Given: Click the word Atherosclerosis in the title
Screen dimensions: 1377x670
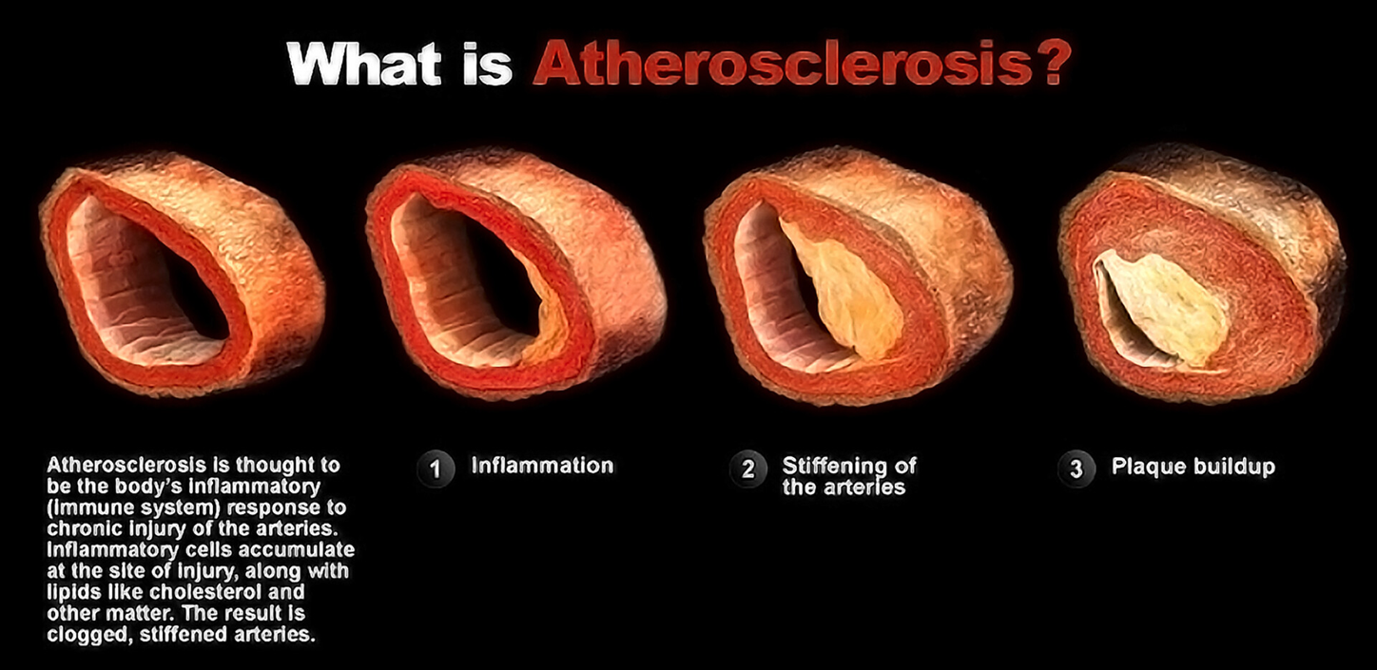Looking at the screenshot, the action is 782,63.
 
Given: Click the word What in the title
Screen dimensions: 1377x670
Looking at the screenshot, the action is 364,64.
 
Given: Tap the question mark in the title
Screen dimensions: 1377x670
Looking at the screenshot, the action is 1051,61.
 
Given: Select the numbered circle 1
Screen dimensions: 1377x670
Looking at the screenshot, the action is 436,469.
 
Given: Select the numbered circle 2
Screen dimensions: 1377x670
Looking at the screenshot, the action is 747,469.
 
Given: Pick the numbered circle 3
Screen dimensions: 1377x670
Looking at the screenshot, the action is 1076,469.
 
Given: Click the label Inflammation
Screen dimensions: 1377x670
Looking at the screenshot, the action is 542,466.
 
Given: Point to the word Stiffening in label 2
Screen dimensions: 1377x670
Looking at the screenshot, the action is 832,466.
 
